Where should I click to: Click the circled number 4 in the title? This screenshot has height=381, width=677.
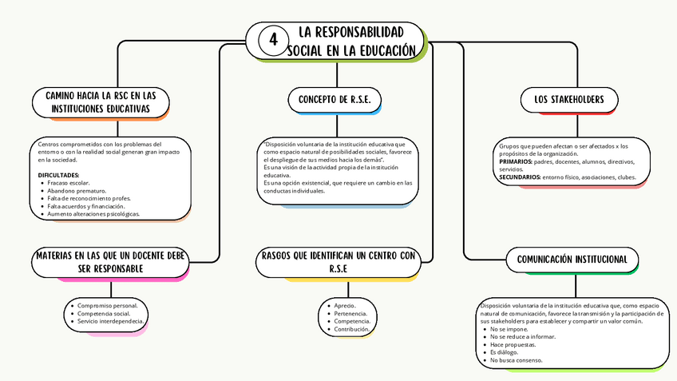[x=274, y=40]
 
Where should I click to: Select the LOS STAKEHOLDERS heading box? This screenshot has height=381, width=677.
[x=568, y=100]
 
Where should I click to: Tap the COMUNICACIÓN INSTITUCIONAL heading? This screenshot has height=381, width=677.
[x=577, y=260]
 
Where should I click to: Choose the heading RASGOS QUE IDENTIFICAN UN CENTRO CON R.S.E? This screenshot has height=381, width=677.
[x=339, y=262]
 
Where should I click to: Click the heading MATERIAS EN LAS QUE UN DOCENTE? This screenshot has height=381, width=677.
[x=111, y=262]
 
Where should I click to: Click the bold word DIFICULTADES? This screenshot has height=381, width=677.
[x=59, y=175]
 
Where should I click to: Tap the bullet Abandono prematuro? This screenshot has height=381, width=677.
[x=77, y=190]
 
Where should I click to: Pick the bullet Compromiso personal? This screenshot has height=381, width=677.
[x=107, y=305]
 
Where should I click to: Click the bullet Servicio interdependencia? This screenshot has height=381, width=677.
[x=111, y=321]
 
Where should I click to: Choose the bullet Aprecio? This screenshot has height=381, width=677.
[x=345, y=305]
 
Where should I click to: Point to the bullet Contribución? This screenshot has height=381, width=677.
[x=351, y=329]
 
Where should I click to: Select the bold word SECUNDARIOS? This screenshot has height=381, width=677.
[x=521, y=177]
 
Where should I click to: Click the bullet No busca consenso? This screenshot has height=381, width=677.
[x=517, y=360]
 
